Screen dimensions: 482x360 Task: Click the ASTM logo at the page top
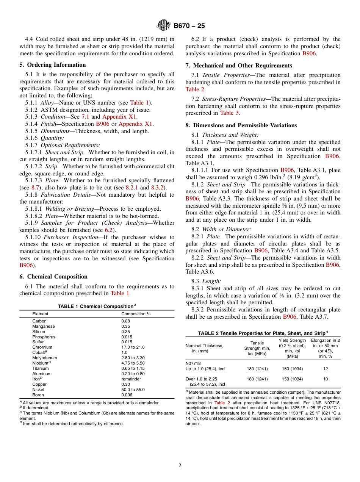pyautogui.click(x=164, y=26)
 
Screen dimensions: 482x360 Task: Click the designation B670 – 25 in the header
pyautogui.click(x=189, y=26)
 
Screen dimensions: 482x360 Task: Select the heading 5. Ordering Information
pyautogui.click(x=53, y=65)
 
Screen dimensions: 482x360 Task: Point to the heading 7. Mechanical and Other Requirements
pyautogui.click(x=239, y=66)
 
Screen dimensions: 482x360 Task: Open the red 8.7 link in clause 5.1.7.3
pyautogui.click(x=35, y=188)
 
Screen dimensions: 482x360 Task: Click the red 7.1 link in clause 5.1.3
pyautogui.click(x=85, y=117)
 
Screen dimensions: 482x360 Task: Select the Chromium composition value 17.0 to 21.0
pyautogui.click(x=133, y=347)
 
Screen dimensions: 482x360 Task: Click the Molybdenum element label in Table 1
pyautogui.click(x=45, y=358)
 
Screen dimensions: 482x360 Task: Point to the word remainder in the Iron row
pyautogui.click(x=131, y=379)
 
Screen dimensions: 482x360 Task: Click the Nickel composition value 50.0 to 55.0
pyautogui.click(x=133, y=390)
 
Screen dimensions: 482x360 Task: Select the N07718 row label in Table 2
pyautogui.click(x=193, y=363)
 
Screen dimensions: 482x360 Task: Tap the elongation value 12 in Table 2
pyautogui.click(x=325, y=369)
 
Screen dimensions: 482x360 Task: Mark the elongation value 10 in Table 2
pyautogui.click(x=325, y=379)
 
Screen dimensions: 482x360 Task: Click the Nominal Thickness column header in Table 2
pyautogui.click(x=204, y=348)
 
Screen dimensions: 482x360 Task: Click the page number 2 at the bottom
pyautogui.click(x=180, y=466)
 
